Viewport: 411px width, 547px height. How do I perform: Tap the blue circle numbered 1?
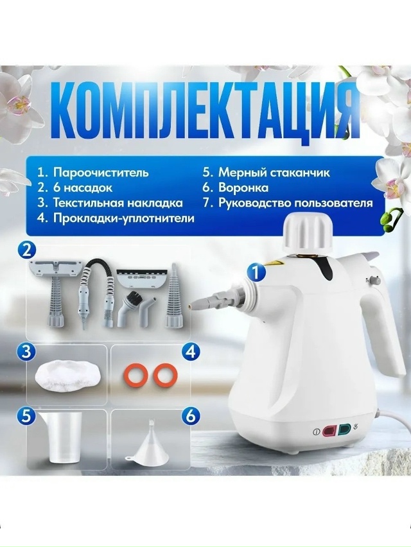256,272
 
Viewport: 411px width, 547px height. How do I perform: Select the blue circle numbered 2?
26,251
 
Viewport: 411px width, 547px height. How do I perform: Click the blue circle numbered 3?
27,352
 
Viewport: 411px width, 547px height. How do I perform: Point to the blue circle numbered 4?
191,352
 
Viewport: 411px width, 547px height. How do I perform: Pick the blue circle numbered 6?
191,417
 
